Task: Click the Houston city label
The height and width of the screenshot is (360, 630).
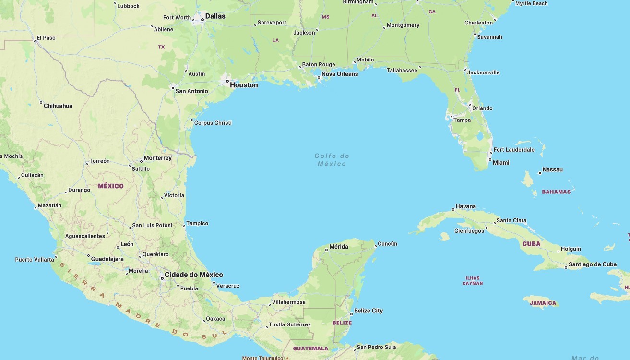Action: (244, 85)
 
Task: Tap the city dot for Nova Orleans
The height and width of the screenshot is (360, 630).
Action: (319, 77)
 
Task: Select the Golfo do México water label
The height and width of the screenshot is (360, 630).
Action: (332, 160)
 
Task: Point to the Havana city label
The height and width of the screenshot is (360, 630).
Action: (465, 206)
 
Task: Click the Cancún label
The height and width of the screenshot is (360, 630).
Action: (387, 244)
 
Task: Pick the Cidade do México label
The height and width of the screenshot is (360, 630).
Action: (193, 275)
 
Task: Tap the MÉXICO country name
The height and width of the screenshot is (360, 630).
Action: (111, 186)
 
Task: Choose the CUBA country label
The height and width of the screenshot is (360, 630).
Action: (531, 244)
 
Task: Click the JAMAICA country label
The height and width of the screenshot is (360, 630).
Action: (543, 303)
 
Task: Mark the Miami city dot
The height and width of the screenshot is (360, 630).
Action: (490, 160)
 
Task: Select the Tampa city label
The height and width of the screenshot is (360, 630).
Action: (462, 120)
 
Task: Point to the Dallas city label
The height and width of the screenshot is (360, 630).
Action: (215, 16)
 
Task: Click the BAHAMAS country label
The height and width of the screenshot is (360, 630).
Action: (556, 192)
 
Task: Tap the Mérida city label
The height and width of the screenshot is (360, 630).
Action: (339, 247)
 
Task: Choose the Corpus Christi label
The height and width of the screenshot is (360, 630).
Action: (213, 123)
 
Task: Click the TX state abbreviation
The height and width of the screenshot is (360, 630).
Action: (161, 47)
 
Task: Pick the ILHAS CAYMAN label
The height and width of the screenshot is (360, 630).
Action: (473, 280)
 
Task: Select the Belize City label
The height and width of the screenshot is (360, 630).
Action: (368, 311)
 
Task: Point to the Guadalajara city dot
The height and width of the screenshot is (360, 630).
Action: (89, 255)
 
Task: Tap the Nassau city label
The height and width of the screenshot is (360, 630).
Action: (552, 169)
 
